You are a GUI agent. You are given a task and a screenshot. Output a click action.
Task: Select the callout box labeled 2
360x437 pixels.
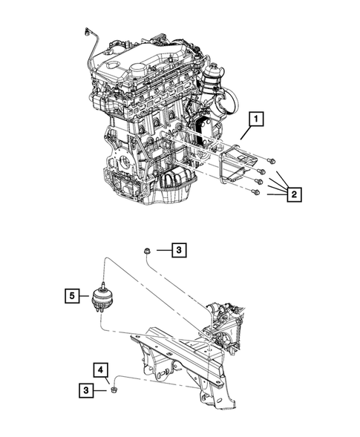point(294,194)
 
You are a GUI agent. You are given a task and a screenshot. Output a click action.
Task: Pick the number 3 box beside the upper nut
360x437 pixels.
point(179,251)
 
